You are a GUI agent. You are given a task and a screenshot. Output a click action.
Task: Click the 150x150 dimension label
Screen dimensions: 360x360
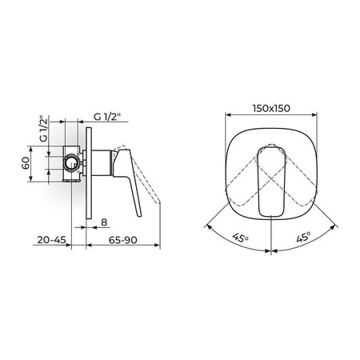click(271, 108)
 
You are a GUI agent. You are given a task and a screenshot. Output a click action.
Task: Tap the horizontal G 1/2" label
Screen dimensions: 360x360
click(107, 117)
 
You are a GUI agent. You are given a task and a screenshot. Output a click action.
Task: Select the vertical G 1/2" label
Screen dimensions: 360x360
click(43, 129)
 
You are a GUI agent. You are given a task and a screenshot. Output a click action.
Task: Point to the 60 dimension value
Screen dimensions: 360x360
click(26, 163)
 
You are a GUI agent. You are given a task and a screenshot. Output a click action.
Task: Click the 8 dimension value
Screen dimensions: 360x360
click(104, 222)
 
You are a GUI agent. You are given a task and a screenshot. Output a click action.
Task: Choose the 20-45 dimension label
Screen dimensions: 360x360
click(51, 240)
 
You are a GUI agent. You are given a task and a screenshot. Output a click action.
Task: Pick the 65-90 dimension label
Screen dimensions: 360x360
click(122, 240)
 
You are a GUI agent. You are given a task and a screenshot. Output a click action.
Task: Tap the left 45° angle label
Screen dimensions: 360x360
click(240, 237)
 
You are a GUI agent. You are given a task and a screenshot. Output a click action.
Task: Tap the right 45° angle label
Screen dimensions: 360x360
click(303, 237)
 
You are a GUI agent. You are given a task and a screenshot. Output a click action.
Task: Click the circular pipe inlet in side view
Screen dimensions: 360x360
click(72, 162)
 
